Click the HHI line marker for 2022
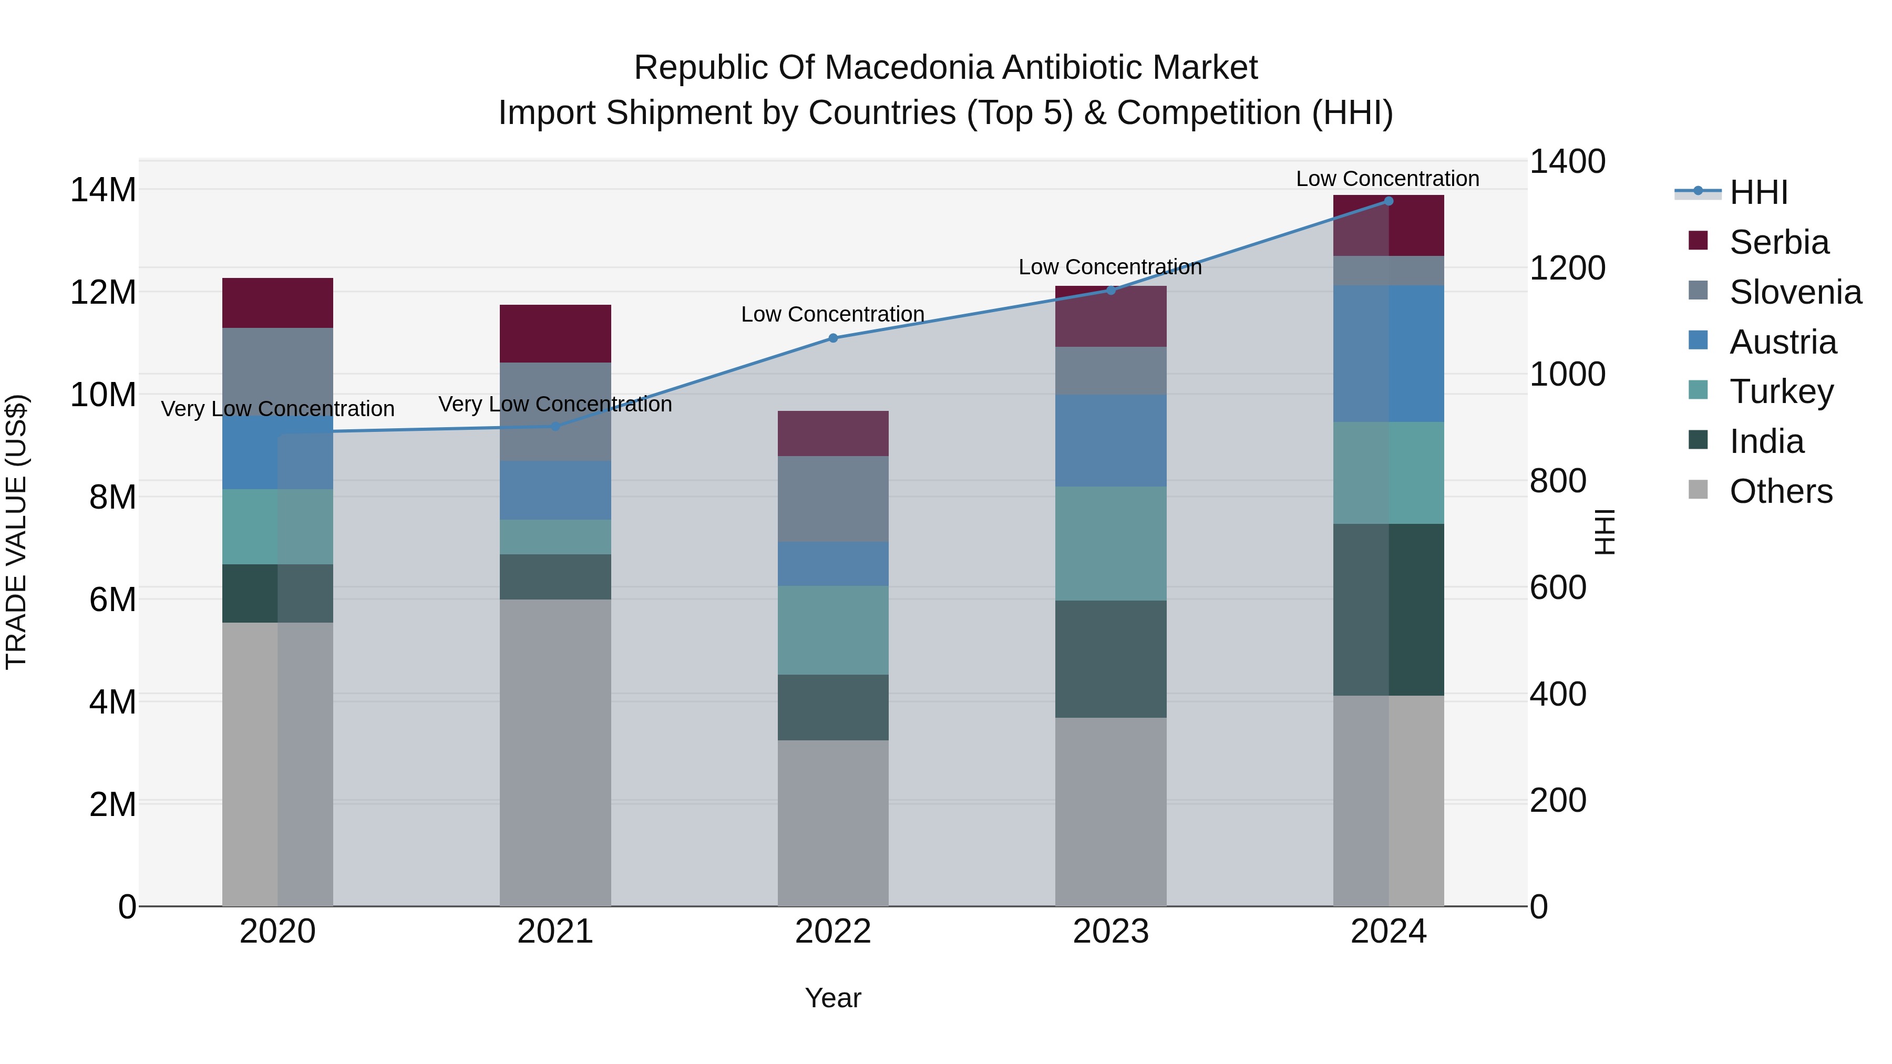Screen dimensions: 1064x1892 point(833,338)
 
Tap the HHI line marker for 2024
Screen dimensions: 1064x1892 point(1388,201)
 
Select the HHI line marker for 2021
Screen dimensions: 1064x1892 point(556,427)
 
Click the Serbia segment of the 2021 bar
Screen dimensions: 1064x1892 point(556,333)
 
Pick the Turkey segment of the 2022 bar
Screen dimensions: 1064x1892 point(833,630)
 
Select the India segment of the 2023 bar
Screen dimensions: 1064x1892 point(1110,659)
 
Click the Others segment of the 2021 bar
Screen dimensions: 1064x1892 point(556,752)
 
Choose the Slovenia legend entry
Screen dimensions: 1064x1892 point(1795,292)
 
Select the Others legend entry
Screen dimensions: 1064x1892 point(1781,491)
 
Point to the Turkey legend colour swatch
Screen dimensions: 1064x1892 point(1698,390)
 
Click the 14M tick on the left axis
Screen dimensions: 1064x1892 point(103,190)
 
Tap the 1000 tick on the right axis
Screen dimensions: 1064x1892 point(1567,375)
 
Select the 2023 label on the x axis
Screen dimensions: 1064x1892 point(1110,932)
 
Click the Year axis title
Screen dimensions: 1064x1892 point(833,998)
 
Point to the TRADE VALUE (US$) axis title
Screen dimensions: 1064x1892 point(16,532)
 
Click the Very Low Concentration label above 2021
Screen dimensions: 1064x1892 point(556,404)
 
